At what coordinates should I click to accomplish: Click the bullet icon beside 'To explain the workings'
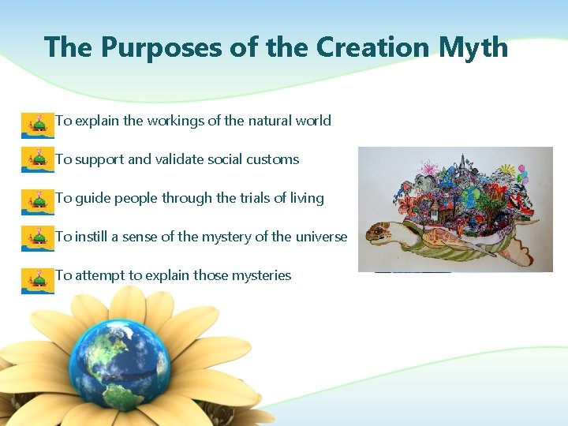(x=36, y=124)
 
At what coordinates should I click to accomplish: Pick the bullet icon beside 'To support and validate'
(x=36, y=160)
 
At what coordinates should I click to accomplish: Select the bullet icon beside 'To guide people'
(x=36, y=200)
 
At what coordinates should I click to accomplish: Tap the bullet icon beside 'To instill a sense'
(x=36, y=237)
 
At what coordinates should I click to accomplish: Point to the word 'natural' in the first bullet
(x=269, y=121)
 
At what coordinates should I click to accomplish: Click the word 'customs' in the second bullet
(x=273, y=159)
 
